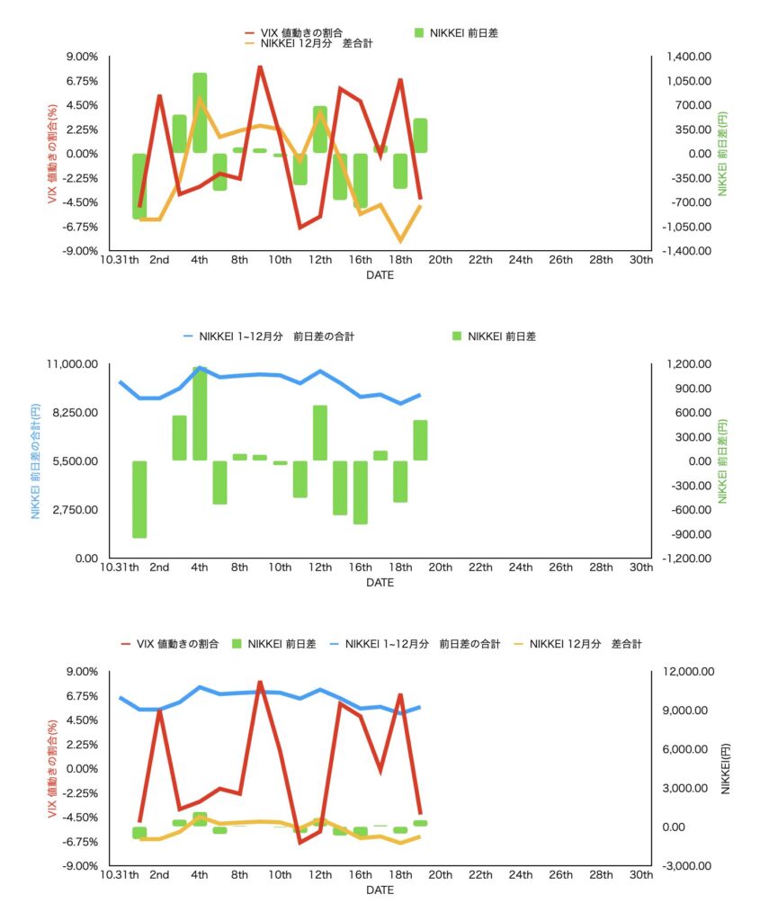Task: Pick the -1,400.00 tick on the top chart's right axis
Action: pyautogui.click(x=686, y=251)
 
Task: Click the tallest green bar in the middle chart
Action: pyautogui.click(x=200, y=414)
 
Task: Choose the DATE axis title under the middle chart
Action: pyautogui.click(x=380, y=583)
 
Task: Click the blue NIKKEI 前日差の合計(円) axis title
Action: pyautogui.click(x=36, y=460)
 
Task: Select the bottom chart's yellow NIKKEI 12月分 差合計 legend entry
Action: pyautogui.click(x=585, y=644)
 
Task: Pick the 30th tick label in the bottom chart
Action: pyautogui.click(x=640, y=875)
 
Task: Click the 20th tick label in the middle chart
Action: pyautogui.click(x=440, y=568)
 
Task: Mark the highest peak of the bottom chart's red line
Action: pyautogui.click(x=259, y=682)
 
